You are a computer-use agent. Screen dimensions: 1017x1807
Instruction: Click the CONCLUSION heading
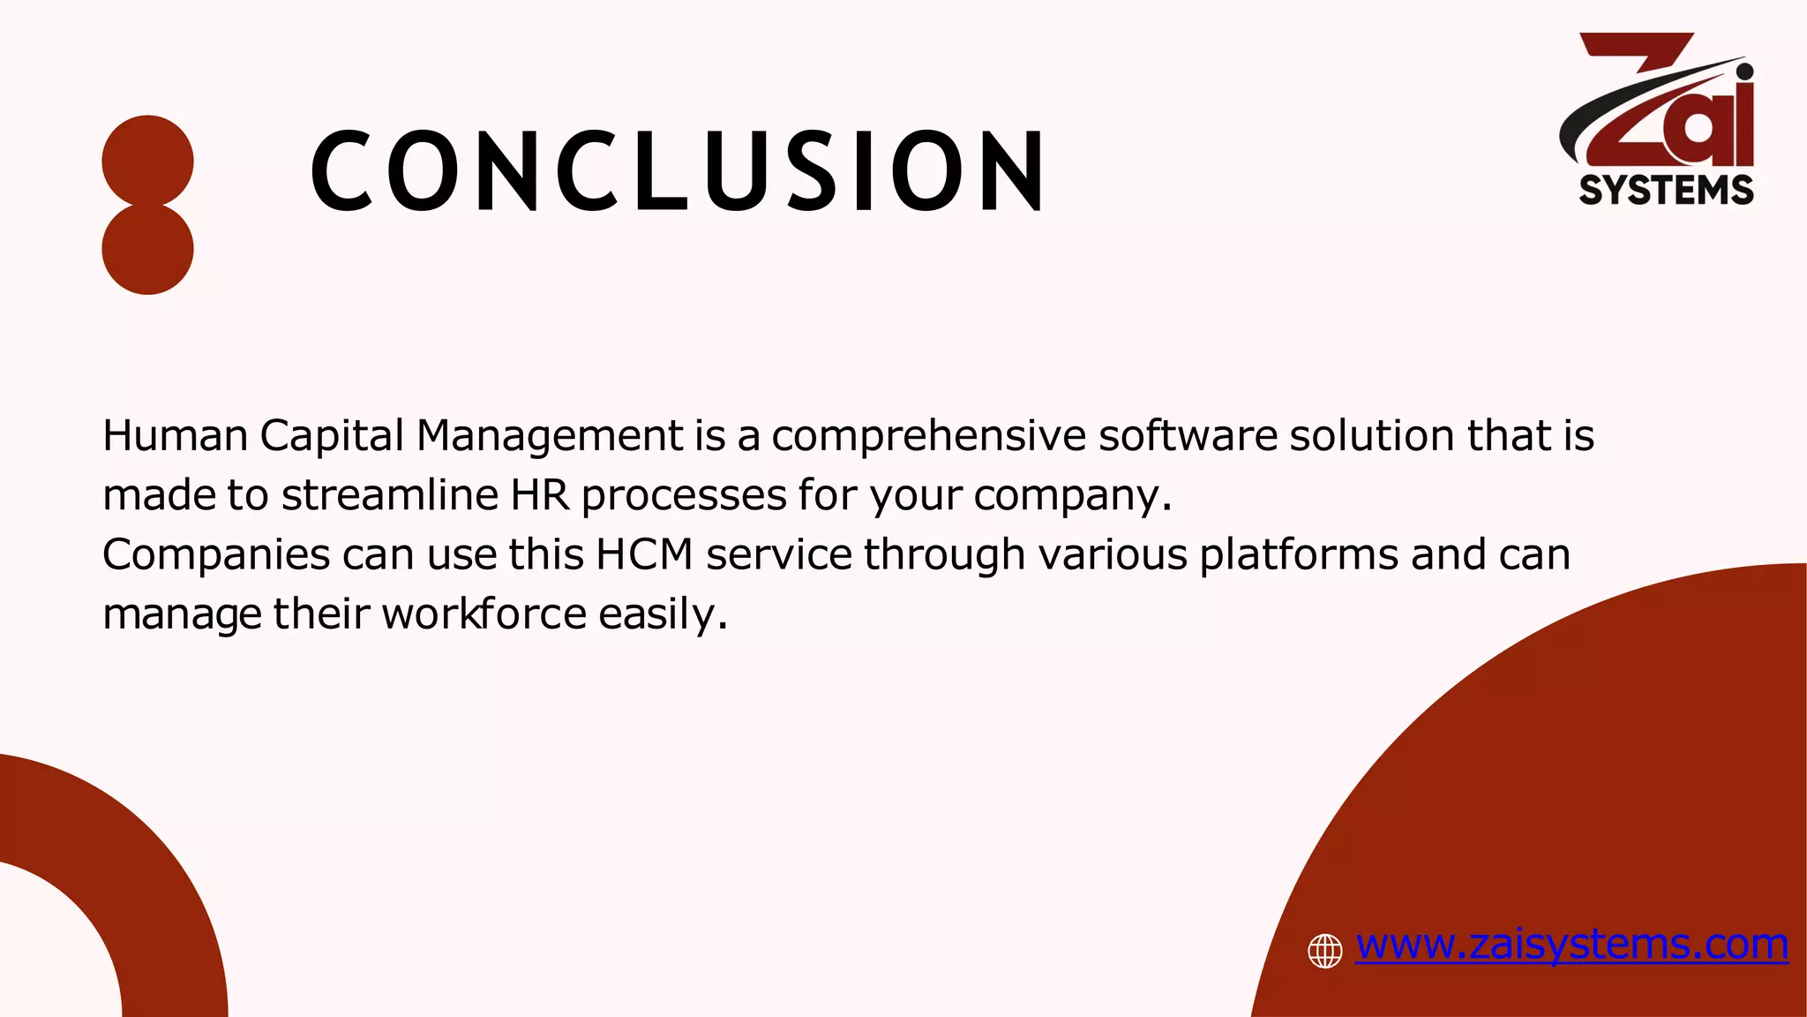click(678, 171)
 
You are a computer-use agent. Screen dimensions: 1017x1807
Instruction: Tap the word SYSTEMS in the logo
click(1666, 191)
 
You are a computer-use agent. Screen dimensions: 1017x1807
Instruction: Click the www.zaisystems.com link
click(1571, 945)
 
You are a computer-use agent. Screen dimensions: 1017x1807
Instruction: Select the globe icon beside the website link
click(1324, 951)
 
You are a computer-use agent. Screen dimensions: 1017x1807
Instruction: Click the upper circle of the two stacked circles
click(147, 161)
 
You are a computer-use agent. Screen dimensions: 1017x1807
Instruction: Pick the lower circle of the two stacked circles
click(147, 250)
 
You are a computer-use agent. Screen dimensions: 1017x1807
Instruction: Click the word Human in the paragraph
click(175, 436)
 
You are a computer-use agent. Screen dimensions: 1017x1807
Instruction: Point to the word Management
click(549, 436)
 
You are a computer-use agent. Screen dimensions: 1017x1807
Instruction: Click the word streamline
click(390, 495)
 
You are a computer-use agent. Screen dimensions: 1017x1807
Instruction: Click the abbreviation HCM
click(644, 555)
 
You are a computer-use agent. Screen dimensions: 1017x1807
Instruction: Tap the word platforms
click(1299, 555)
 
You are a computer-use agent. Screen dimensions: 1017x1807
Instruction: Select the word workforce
click(484, 614)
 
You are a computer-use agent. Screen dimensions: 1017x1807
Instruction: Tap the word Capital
click(332, 436)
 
